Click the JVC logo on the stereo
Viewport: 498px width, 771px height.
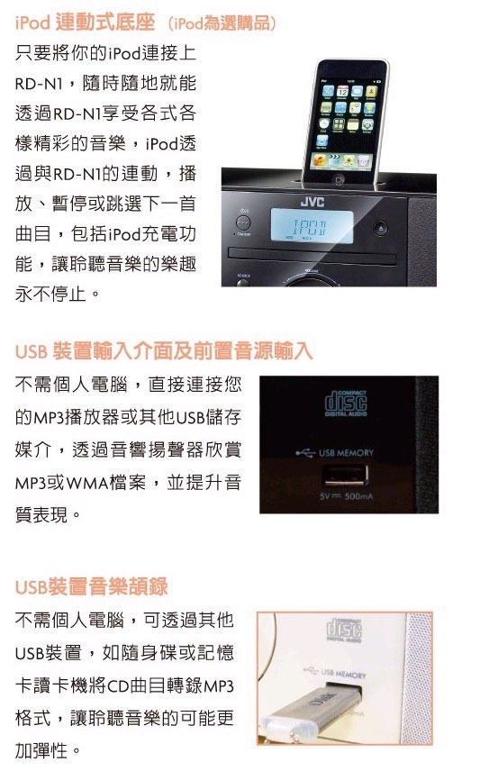tap(312, 202)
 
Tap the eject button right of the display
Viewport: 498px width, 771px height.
tap(381, 228)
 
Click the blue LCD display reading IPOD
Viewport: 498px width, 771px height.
tap(312, 226)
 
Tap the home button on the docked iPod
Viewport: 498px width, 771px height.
tap(340, 180)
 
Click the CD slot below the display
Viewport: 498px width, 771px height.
tap(312, 256)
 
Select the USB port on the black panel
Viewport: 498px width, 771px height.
tap(345, 476)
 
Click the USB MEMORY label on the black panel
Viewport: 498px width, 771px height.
tap(346, 452)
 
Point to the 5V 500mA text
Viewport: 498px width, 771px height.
tap(346, 496)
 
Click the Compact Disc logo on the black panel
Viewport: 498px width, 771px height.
tap(346, 403)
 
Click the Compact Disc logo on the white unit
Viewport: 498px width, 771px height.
tap(344, 630)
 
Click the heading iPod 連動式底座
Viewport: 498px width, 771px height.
tap(85, 23)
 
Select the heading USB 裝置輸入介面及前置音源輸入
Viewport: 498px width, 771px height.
tap(164, 351)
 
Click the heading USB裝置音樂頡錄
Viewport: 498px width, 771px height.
tap(92, 586)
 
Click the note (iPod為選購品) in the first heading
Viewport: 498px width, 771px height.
tap(222, 23)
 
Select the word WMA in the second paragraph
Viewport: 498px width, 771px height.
tap(87, 484)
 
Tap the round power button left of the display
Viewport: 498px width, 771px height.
tap(243, 222)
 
